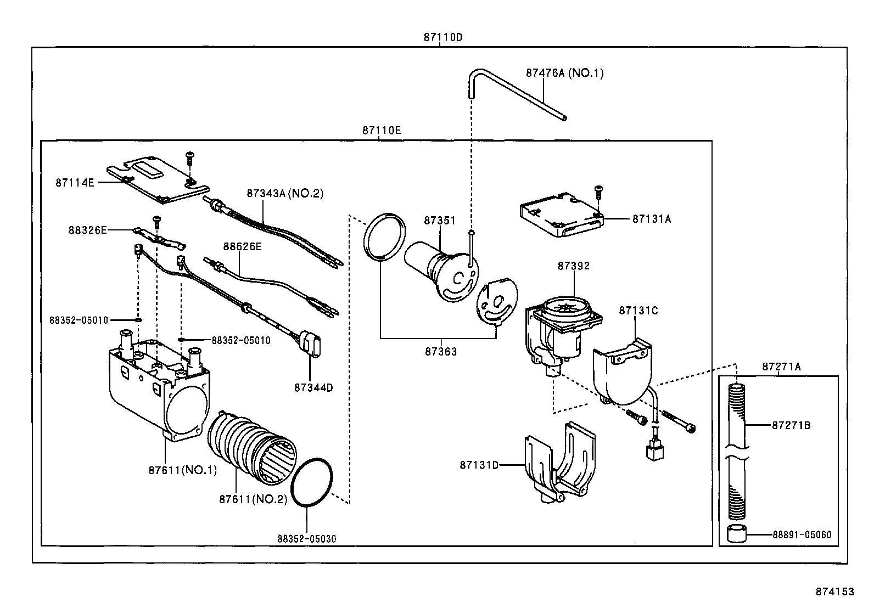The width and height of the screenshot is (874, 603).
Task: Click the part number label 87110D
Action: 443,37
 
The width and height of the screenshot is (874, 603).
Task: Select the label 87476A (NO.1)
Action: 564,72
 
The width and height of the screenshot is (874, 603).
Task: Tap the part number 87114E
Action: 75,182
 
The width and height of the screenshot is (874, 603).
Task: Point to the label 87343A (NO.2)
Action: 285,193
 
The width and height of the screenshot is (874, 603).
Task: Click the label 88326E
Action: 88,230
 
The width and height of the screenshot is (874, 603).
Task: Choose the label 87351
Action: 439,220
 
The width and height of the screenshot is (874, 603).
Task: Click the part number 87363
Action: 440,352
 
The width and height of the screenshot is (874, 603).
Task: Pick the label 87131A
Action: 651,218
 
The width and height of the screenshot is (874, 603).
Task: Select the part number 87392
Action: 574,266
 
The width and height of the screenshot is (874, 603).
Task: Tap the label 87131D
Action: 479,465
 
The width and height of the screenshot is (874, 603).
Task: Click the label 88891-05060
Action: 805,534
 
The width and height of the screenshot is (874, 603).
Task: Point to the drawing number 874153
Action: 834,591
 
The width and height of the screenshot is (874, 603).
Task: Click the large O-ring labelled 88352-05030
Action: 312,482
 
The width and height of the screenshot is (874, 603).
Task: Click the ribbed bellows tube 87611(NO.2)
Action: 250,447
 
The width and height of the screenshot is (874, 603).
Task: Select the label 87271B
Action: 791,425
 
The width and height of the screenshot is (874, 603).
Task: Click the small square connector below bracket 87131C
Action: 653,451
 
